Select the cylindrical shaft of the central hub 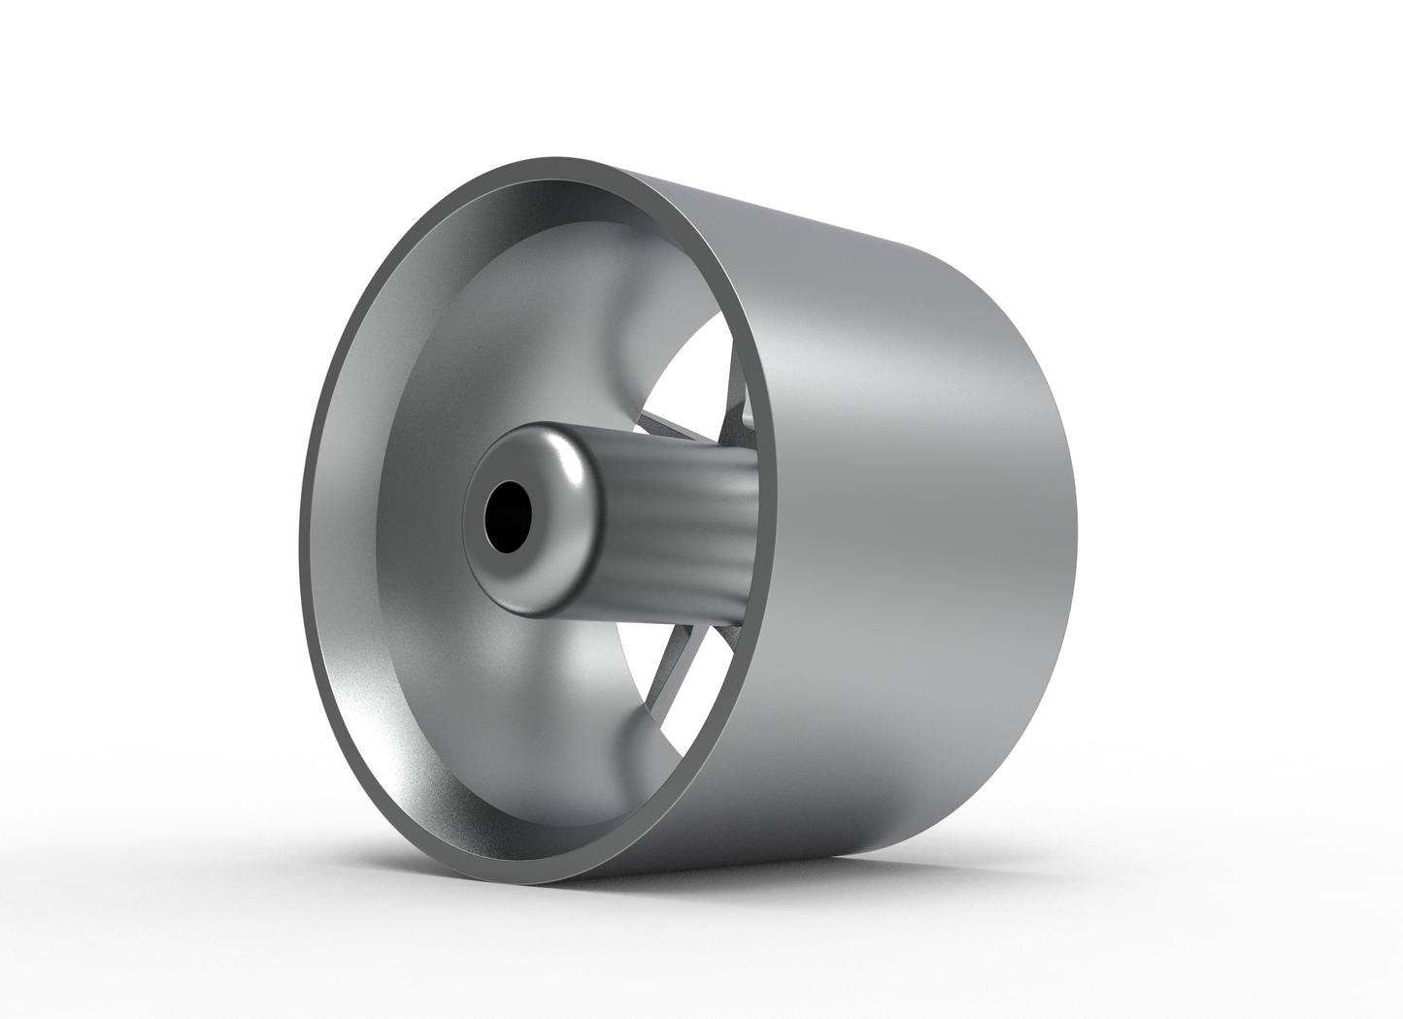(x=680, y=505)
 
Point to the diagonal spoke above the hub (x=680, y=426)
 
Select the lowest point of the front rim (x=505, y=881)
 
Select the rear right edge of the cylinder (x=1073, y=543)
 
